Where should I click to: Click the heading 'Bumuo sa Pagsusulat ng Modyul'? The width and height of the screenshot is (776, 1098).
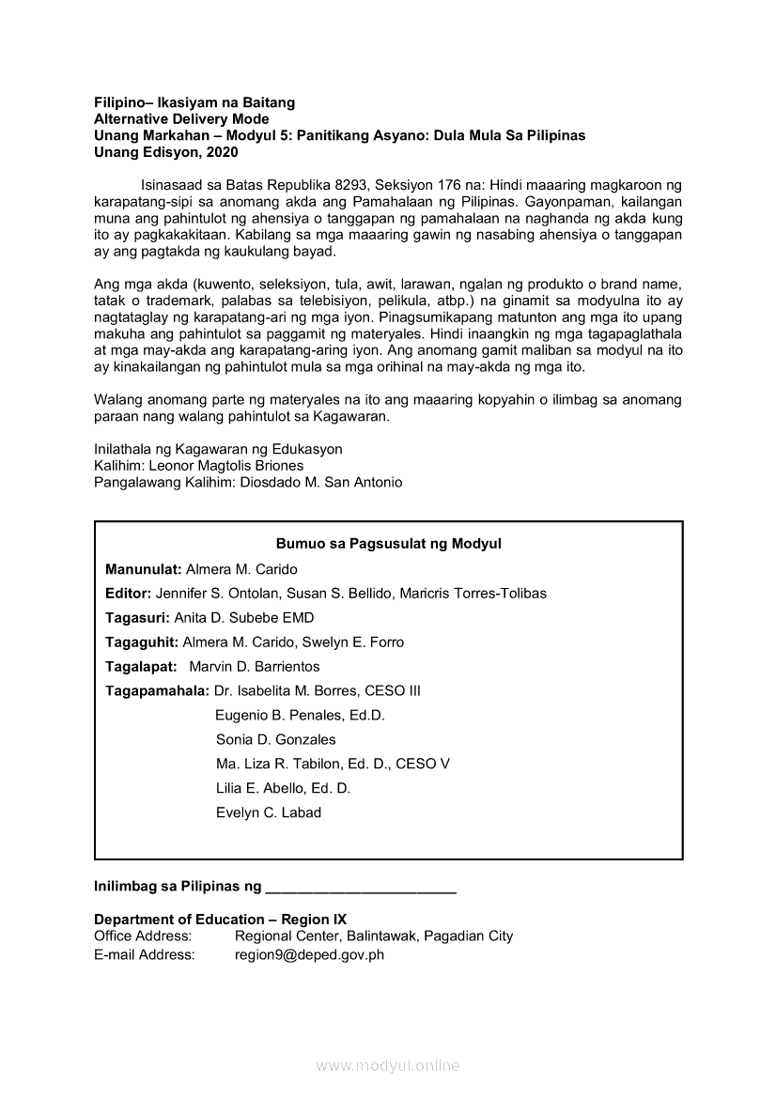[x=388, y=544]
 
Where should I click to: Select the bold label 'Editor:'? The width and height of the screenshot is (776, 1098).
[x=128, y=594]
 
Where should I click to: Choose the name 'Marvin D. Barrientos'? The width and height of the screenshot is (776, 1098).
[x=255, y=667]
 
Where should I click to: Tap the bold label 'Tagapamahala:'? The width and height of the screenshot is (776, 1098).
[x=157, y=691]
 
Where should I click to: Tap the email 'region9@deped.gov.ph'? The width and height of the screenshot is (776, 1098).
[x=309, y=955]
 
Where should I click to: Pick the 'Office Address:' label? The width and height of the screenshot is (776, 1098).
[x=143, y=936]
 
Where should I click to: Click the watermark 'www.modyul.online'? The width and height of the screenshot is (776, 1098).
[x=388, y=1066]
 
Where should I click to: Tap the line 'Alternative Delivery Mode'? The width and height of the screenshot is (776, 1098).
[x=181, y=119]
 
